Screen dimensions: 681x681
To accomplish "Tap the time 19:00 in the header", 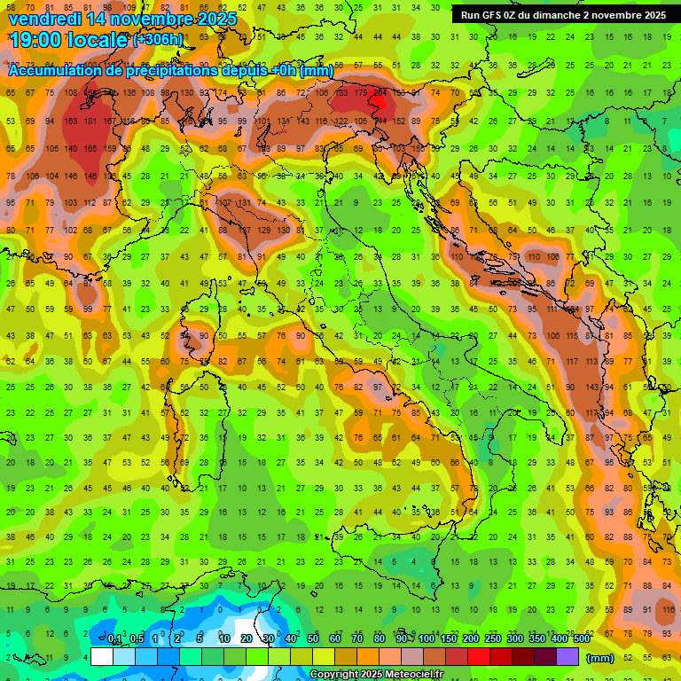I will [x=33, y=40].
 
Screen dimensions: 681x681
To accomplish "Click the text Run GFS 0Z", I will [x=493, y=15].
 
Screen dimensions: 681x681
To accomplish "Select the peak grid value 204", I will [x=382, y=92].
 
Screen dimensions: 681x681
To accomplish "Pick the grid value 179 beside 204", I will [x=360, y=92].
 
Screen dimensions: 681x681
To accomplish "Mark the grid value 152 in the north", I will [x=400, y=121].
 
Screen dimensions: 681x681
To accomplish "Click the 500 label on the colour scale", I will [x=581, y=639].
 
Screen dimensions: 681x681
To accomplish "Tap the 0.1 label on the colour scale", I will [x=114, y=639].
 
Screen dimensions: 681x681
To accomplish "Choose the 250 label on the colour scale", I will [x=492, y=639].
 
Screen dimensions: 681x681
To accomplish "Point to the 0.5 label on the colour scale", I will [x=137, y=639].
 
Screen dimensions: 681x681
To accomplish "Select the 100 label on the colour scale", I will [x=427, y=639].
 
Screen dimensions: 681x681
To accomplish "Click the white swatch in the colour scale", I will [x=102, y=657].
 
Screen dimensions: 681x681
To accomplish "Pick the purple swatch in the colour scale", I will [x=567, y=657].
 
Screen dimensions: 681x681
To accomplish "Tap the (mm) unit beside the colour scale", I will [x=600, y=658].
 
